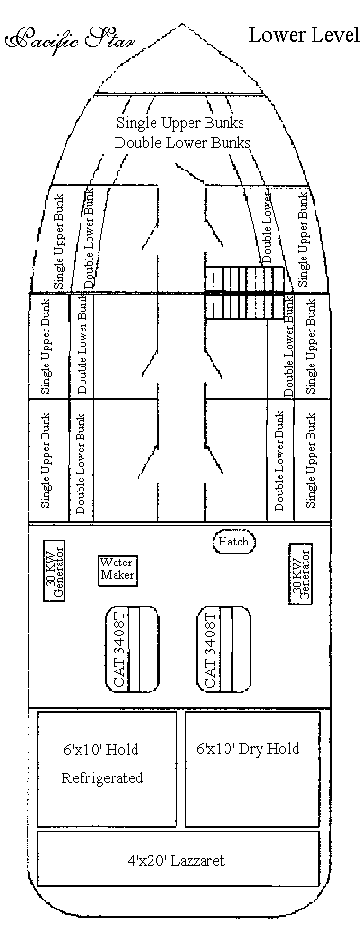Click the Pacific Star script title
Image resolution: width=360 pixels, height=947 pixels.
coord(70,40)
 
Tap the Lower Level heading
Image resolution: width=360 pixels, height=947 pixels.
coord(304,35)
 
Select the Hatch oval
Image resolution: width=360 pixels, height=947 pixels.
coord(234,541)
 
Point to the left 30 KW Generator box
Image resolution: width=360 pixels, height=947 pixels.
coord(54,570)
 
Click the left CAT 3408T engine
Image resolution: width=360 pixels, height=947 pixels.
coord(133,650)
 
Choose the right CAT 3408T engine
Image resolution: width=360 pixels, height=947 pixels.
coord(224,650)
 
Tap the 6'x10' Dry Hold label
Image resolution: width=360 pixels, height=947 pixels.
coord(247,749)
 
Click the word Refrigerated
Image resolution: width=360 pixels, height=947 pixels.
coord(102,777)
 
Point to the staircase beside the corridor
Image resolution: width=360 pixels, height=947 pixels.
coord(244,293)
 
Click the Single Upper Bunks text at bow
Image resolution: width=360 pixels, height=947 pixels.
coord(180,122)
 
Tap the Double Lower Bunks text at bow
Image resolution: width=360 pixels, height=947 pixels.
coord(183,143)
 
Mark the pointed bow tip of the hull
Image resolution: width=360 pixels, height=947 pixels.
coord(181,24)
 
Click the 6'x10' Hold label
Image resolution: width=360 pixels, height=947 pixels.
coord(100,749)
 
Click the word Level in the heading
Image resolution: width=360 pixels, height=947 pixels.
coord(334,35)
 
